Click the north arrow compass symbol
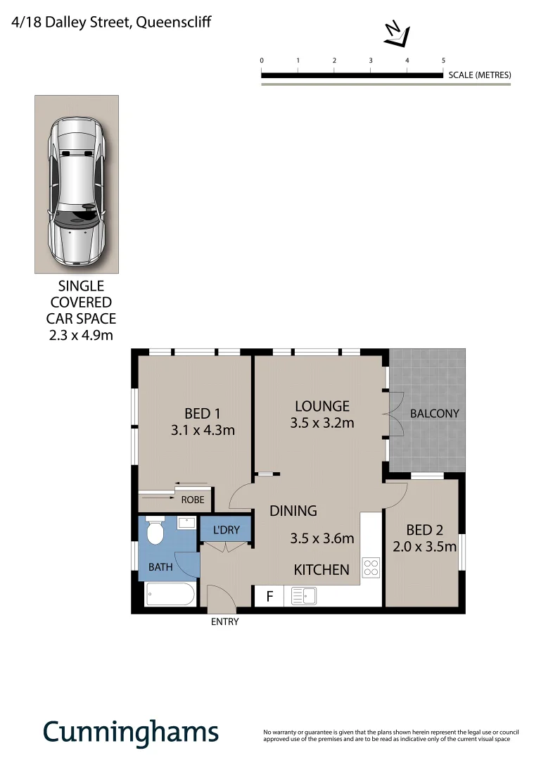(x=397, y=33)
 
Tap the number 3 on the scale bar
(x=371, y=61)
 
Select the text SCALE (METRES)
(x=479, y=75)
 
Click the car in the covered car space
(x=77, y=190)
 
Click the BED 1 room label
(x=203, y=413)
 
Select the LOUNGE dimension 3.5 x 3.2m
(x=322, y=423)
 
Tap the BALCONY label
(x=434, y=413)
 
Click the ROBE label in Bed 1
(x=193, y=500)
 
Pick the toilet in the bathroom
(x=155, y=533)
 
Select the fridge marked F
(x=269, y=597)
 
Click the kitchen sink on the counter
(x=303, y=596)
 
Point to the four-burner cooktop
(x=371, y=567)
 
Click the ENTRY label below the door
(x=225, y=622)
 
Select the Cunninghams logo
(x=130, y=732)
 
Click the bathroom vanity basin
(x=187, y=523)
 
